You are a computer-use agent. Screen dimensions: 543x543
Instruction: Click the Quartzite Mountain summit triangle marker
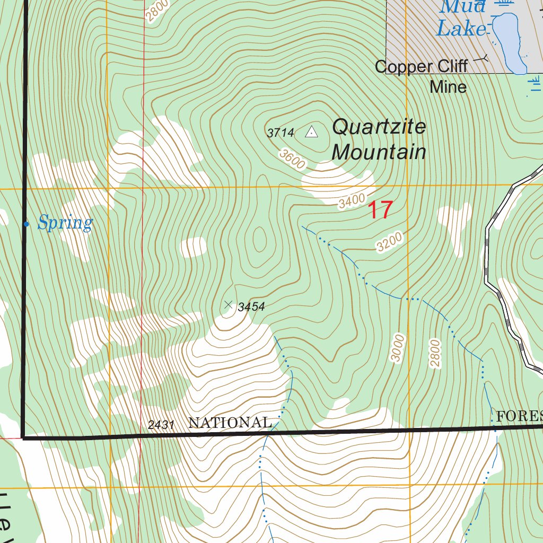click(x=312, y=132)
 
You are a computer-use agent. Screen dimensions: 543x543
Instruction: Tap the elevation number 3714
click(x=281, y=133)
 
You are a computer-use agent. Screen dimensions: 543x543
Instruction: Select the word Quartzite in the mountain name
click(x=379, y=127)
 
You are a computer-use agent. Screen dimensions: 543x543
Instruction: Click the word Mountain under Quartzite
click(x=379, y=152)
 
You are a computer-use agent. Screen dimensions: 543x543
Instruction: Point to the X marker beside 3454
click(x=229, y=304)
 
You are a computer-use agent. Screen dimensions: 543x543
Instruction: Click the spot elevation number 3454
click(x=251, y=307)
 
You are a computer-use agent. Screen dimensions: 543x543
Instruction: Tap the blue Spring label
click(x=65, y=223)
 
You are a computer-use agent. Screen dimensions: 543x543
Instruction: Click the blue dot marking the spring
click(x=26, y=224)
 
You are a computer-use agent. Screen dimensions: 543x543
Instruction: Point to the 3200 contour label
click(x=390, y=242)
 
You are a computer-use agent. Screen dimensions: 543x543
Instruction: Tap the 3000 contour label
click(x=398, y=348)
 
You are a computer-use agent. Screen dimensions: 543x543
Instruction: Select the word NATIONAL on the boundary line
click(x=230, y=423)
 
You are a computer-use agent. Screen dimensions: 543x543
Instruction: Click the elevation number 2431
click(x=162, y=425)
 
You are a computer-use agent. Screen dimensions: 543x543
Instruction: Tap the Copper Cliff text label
click(x=421, y=66)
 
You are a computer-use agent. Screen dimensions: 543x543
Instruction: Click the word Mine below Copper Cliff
click(x=448, y=86)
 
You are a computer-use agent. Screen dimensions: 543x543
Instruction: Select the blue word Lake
click(x=461, y=29)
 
